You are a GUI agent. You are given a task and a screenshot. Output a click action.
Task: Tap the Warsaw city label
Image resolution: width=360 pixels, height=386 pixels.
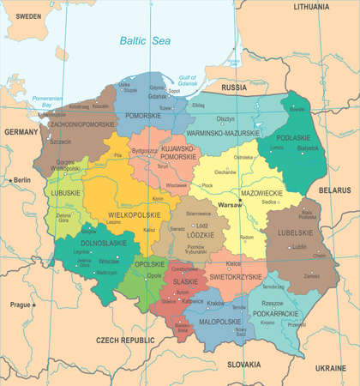[230, 208]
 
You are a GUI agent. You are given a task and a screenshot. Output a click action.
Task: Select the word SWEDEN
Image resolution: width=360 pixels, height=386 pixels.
[28, 16]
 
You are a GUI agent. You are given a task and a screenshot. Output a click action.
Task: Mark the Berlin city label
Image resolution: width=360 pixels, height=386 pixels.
[21, 180]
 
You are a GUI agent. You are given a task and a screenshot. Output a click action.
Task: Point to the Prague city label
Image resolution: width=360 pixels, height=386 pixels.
[23, 305]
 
